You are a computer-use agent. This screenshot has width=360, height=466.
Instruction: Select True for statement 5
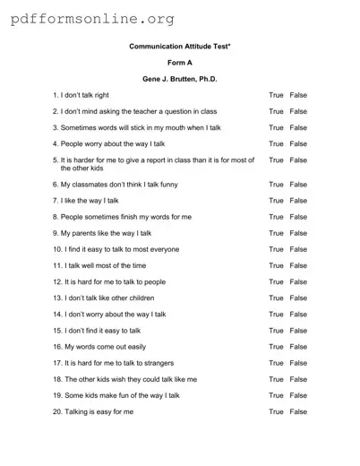276,160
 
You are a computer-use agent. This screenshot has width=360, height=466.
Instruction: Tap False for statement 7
298,201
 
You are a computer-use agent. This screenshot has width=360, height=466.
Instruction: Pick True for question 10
276,249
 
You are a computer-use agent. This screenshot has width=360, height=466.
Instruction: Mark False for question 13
298,298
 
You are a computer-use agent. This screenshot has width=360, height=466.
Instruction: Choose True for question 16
276,347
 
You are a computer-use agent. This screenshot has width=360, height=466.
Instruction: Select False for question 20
298,411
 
